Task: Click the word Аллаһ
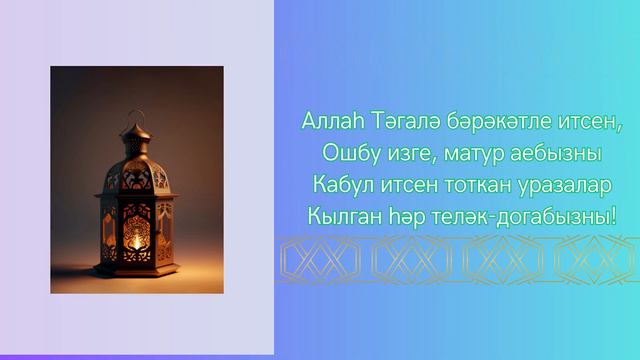pos(326,122)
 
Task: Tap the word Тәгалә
pos(395,122)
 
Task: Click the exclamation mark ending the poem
pos(613,216)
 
